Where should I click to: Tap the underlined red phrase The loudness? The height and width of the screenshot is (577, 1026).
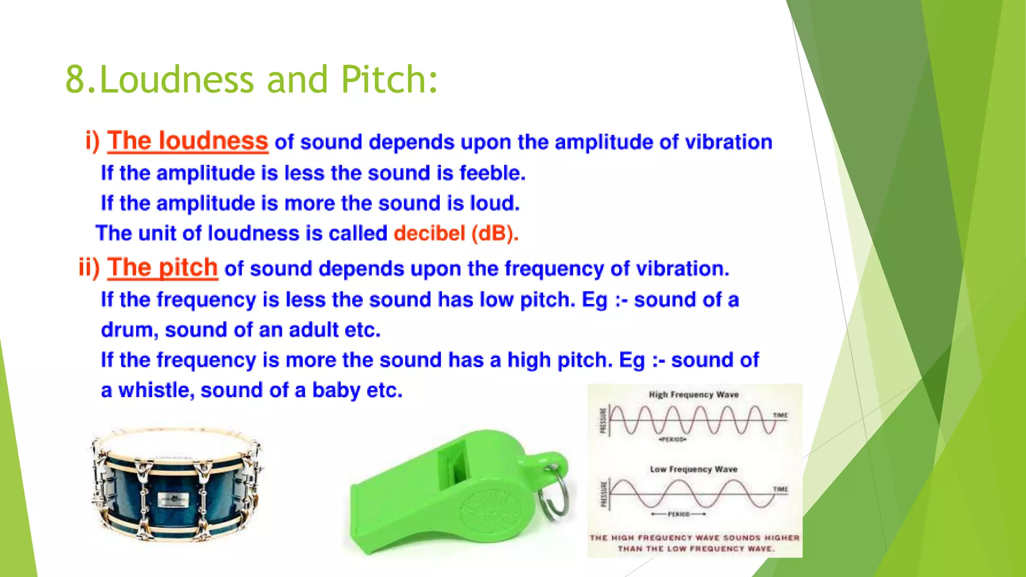(x=188, y=141)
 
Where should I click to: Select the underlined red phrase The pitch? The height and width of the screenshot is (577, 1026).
(x=163, y=267)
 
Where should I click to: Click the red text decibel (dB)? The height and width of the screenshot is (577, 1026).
(x=456, y=233)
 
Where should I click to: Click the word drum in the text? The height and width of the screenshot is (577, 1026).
(x=129, y=330)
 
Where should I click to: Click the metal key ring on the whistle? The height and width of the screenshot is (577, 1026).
(x=556, y=493)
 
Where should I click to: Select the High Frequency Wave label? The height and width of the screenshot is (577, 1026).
(x=694, y=395)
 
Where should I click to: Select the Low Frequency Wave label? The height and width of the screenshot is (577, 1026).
(x=694, y=469)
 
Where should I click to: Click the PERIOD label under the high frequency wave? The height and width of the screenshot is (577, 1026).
(x=673, y=440)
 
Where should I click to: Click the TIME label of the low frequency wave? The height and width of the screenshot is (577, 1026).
(x=780, y=489)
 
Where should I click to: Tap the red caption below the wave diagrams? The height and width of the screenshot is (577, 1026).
(x=695, y=543)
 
